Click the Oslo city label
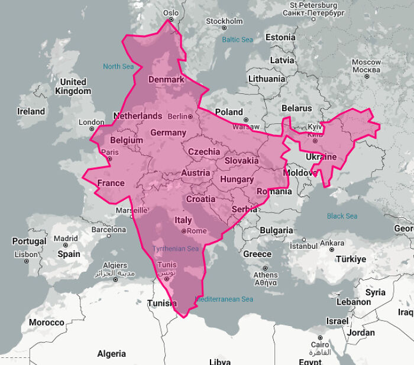pyautogui.click(x=170, y=12)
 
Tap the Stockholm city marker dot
pyautogui.click(x=224, y=28)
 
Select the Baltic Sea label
pyautogui.click(x=237, y=40)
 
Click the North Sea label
pyautogui.click(x=118, y=66)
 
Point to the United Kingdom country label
pyautogui.click(x=73, y=86)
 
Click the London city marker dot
pyautogui.click(x=91, y=130)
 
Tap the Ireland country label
pyautogui.click(x=31, y=111)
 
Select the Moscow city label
pyautogui.click(x=366, y=66)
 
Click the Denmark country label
pyautogui.click(x=166, y=79)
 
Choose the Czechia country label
pyautogui.click(x=204, y=152)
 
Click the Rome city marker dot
pyautogui.click(x=184, y=231)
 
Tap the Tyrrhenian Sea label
pyautogui.click(x=176, y=249)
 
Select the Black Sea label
pyautogui.click(x=342, y=216)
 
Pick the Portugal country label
pyautogui.click(x=29, y=241)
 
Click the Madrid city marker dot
pyautogui.click(x=66, y=246)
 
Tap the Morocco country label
pyautogui.click(x=46, y=322)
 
